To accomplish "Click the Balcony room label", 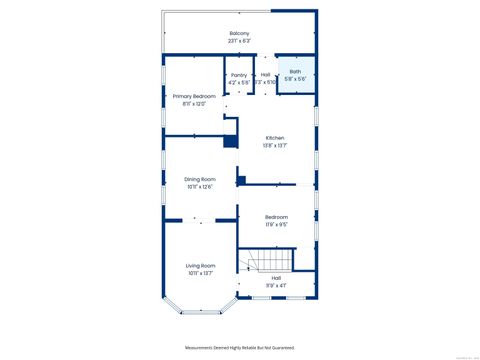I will (239, 33).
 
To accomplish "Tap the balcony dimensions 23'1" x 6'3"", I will (239, 41).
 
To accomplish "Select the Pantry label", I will (238, 74).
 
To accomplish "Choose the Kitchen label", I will (275, 137).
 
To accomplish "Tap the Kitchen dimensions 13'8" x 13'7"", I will (275, 145).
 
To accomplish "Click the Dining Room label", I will (200, 179).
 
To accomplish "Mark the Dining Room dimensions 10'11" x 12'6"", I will (200, 187).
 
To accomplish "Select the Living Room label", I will (201, 265).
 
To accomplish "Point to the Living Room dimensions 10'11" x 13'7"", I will (201, 273).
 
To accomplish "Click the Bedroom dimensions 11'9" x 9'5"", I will (276, 225).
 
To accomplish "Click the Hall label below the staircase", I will (275, 279).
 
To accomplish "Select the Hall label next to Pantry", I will (265, 74).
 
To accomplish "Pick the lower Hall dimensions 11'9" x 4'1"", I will (275, 287).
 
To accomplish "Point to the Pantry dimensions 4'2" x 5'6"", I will (238, 82).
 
